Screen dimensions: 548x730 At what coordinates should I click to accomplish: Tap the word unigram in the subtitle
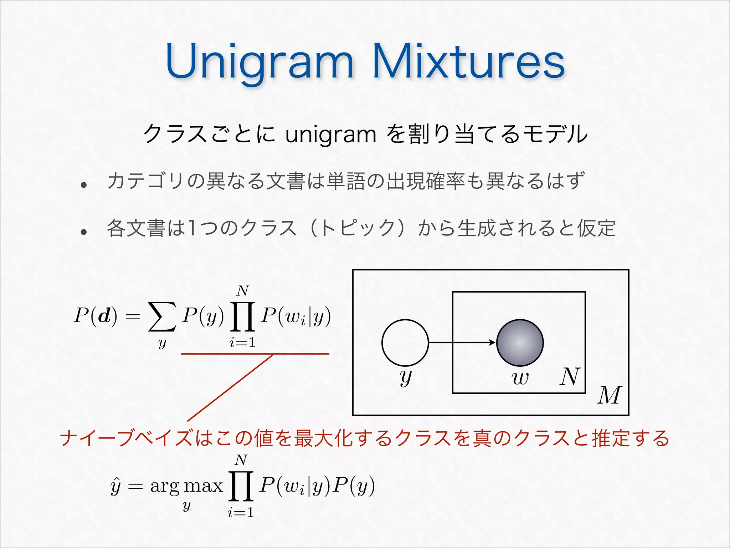click(x=331, y=135)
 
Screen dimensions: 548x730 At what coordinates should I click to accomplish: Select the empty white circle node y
click(x=405, y=342)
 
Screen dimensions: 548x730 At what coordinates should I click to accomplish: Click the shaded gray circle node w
click(x=520, y=342)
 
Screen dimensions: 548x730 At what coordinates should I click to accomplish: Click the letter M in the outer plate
click(x=610, y=395)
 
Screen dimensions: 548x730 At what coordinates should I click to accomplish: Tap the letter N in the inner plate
click(x=570, y=377)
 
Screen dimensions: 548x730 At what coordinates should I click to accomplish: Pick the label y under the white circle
click(x=405, y=377)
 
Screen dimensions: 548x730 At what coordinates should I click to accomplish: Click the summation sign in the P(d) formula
click(x=162, y=316)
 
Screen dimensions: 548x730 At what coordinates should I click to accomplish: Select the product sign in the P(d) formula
click(x=243, y=316)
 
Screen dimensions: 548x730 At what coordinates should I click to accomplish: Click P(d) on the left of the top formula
click(x=96, y=316)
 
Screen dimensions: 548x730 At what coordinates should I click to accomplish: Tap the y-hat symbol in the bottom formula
click(x=116, y=486)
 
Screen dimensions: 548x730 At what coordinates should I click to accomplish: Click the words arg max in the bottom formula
click(x=186, y=486)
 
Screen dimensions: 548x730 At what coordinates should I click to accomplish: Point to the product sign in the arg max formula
click(x=241, y=486)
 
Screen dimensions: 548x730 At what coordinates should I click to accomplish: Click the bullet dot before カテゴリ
click(x=84, y=185)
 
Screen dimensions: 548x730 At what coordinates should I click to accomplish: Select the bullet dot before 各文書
click(x=84, y=232)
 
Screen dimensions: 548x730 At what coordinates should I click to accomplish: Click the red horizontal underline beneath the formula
click(x=255, y=354)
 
